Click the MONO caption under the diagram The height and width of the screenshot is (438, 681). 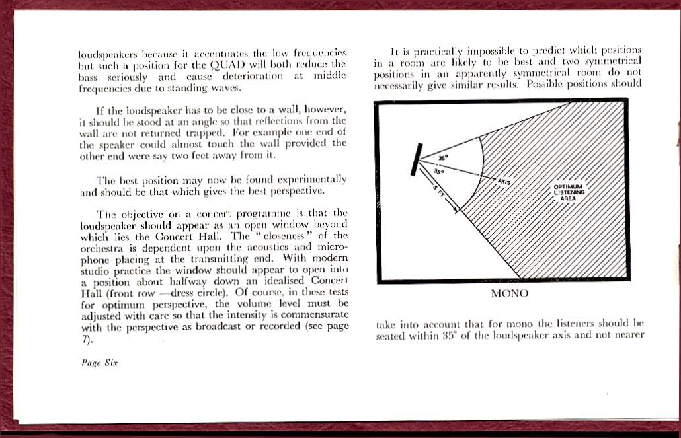coord(509,293)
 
